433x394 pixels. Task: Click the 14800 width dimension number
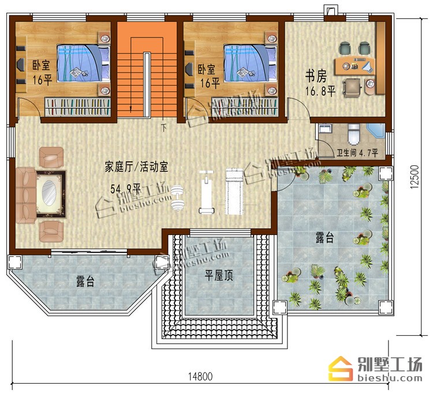200,377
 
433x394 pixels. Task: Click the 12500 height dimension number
415,177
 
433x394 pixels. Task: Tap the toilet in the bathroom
354,134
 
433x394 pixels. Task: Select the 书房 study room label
316,76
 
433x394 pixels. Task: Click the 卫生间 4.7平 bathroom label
357,153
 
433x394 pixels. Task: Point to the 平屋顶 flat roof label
218,275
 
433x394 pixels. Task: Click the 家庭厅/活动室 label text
136,167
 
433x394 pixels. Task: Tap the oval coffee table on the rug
50,193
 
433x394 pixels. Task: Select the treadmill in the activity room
234,191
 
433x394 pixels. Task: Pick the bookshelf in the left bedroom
77,107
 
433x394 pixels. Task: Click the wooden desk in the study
355,66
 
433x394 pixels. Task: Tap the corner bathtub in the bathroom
376,131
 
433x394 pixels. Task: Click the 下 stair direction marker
164,127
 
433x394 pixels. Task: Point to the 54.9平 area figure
126,189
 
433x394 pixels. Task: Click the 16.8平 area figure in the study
320,91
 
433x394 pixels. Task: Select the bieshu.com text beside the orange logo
390,378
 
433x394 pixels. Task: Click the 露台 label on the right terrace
324,237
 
